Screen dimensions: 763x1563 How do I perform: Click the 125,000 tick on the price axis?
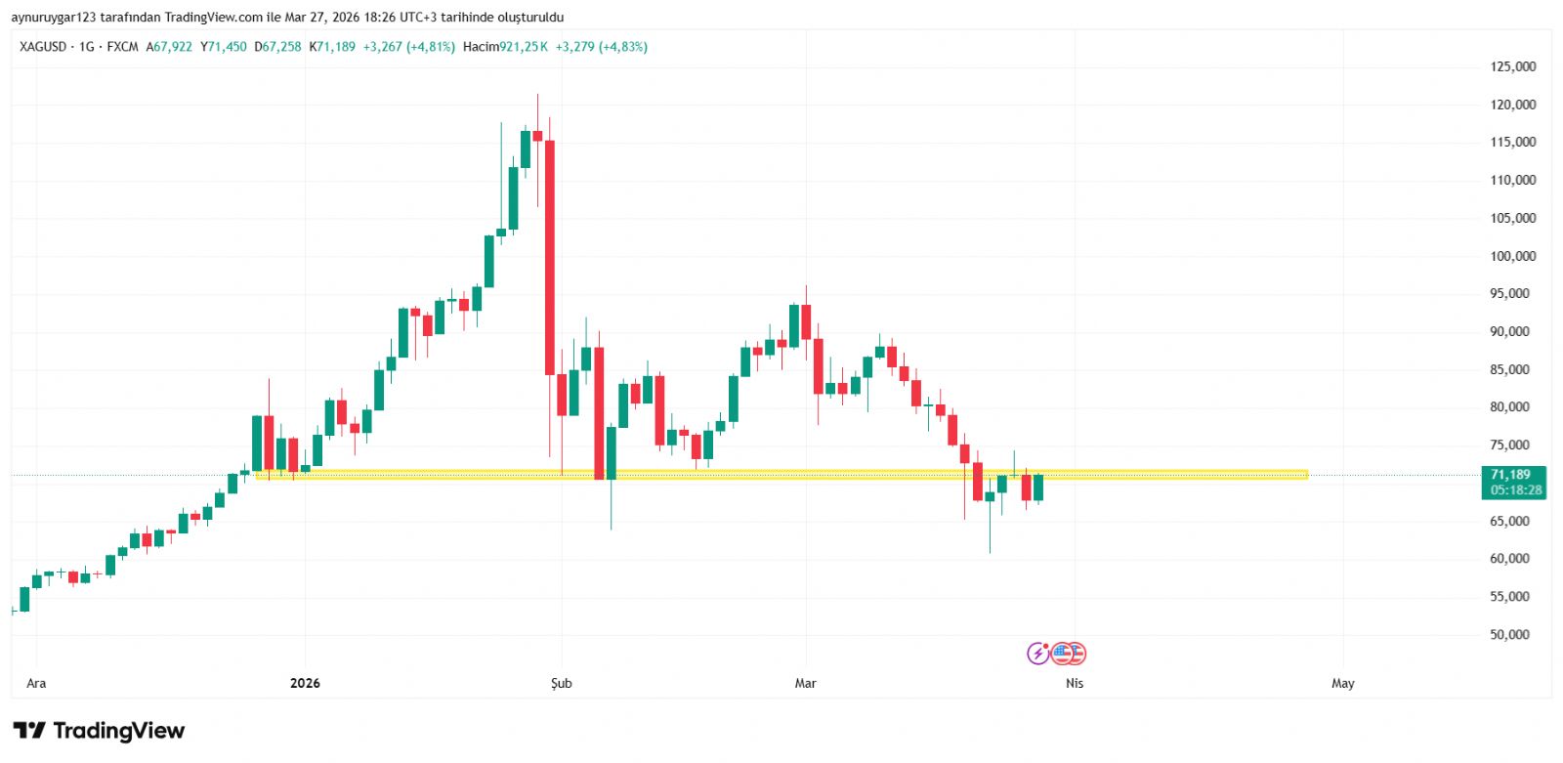point(1512,66)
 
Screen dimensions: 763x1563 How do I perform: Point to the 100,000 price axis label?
point(1512,256)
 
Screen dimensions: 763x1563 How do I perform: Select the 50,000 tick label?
point(1509,634)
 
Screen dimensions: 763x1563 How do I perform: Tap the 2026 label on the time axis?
point(305,683)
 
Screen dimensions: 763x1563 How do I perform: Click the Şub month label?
point(562,683)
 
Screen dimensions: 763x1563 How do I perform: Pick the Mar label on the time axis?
point(805,683)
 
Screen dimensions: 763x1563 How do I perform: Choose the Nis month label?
point(1075,683)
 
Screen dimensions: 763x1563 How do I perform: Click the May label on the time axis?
point(1343,683)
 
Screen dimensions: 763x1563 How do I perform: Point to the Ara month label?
point(36,683)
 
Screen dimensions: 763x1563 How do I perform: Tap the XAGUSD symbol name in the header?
point(43,47)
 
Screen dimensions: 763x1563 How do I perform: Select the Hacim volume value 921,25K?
point(524,47)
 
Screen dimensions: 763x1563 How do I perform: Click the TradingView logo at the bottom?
point(99,731)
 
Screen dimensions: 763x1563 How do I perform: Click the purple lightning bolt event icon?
point(1037,654)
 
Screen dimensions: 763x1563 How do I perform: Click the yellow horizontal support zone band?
point(781,475)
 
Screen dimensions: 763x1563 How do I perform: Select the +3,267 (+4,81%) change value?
point(408,47)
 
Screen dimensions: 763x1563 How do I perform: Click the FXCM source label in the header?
point(122,47)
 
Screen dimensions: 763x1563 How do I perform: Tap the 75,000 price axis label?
point(1509,445)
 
